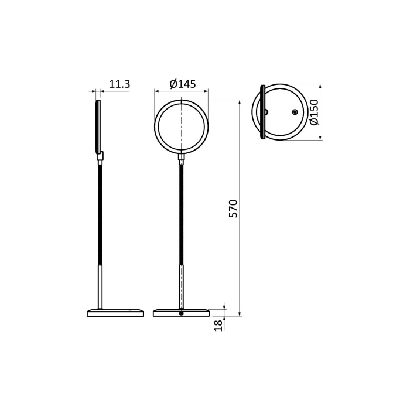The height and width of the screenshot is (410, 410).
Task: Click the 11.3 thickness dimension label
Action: (x=119, y=84)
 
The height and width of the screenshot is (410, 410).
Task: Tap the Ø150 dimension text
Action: (x=313, y=112)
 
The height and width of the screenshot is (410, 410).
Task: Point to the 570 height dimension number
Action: (x=233, y=209)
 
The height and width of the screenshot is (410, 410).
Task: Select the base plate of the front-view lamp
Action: (x=181, y=313)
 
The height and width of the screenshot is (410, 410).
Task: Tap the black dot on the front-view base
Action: (x=181, y=314)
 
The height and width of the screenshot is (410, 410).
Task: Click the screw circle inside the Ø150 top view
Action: (x=295, y=112)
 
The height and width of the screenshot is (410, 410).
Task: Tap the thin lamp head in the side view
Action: (x=98, y=126)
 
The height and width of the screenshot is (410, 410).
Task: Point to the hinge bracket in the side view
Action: (x=101, y=156)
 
